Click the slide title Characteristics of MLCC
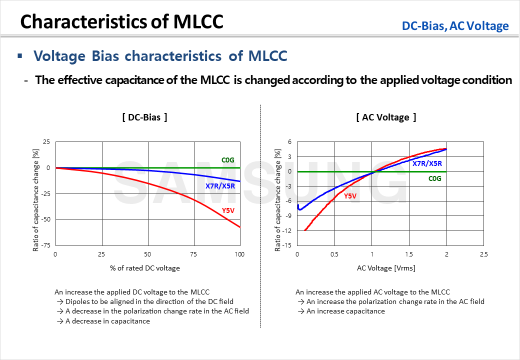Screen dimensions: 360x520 pyautogui.click(x=122, y=22)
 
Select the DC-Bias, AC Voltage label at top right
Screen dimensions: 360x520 pyautogui.click(x=455, y=26)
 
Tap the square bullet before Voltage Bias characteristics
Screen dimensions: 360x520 pyautogui.click(x=20, y=55)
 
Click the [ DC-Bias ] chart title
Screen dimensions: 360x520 pyautogui.click(x=144, y=117)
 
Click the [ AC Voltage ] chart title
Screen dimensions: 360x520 pyautogui.click(x=386, y=117)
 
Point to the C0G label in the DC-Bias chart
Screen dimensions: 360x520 pyautogui.click(x=228, y=160)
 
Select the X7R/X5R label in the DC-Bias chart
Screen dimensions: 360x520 pyautogui.click(x=219, y=186)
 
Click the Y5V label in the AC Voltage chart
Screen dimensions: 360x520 pyautogui.click(x=350, y=196)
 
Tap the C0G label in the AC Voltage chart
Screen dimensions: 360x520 pyautogui.click(x=434, y=178)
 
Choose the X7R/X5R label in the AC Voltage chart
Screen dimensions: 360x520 pyautogui.click(x=427, y=163)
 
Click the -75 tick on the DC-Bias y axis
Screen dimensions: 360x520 pyautogui.click(x=45, y=245)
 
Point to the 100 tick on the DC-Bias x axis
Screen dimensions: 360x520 pyautogui.click(x=239, y=254)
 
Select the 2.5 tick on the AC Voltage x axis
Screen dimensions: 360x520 pyautogui.click(x=483, y=254)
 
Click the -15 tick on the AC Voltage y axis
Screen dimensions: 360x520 pyautogui.click(x=288, y=245)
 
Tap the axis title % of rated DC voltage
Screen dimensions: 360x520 pyautogui.click(x=145, y=268)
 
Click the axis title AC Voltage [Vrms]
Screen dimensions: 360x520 pyautogui.click(x=386, y=268)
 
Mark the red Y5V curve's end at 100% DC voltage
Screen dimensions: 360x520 pyautogui.click(x=239, y=227)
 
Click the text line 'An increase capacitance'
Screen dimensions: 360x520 pyautogui.click(x=345, y=311)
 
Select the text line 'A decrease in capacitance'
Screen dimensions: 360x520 pyautogui.click(x=107, y=321)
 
